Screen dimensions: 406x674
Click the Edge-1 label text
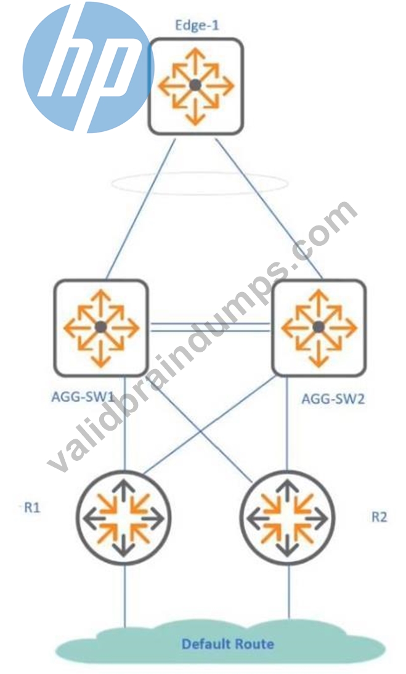click(197, 25)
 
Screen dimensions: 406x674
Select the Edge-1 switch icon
click(196, 86)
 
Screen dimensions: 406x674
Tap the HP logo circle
click(88, 67)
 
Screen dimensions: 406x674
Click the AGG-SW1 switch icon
click(101, 328)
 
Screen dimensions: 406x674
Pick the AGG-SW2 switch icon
click(319, 328)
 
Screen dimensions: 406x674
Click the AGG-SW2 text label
click(333, 399)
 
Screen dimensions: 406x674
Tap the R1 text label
click(32, 508)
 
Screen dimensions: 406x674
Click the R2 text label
click(379, 517)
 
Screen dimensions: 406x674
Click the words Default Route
click(228, 644)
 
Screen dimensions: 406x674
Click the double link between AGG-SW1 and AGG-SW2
click(210, 328)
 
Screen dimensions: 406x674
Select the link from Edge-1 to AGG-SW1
click(141, 209)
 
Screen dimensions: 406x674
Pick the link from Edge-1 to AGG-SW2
click(269, 209)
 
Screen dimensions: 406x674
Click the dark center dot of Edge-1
click(195, 85)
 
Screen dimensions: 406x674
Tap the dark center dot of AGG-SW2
click(319, 328)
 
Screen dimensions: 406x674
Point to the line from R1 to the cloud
click(125, 596)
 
